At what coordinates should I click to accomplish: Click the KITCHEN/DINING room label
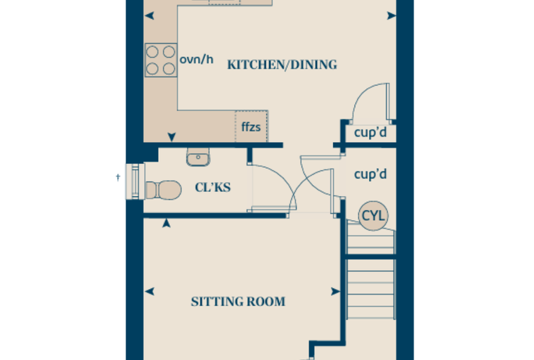[x=282, y=65]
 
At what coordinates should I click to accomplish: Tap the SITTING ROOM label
[x=238, y=302]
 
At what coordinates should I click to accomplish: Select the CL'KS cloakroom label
[x=213, y=187]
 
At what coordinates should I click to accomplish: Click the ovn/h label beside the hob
[x=197, y=59]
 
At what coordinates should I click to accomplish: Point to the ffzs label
[x=251, y=127]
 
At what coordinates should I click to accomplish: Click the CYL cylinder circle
[x=373, y=216]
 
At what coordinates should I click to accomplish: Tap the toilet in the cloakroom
[x=164, y=190]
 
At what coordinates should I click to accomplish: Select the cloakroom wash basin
[x=198, y=157]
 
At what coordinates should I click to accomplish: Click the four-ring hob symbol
[x=161, y=60]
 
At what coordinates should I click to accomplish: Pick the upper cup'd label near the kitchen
[x=370, y=132]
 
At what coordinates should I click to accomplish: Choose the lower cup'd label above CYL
[x=370, y=174]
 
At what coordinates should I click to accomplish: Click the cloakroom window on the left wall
[x=135, y=181]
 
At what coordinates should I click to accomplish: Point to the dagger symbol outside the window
[x=118, y=177]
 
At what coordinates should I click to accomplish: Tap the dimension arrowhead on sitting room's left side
[x=150, y=292]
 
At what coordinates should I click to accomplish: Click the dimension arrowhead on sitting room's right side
[x=335, y=292]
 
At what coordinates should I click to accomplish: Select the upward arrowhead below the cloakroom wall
[x=167, y=224]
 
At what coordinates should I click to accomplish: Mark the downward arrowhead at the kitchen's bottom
[x=171, y=137]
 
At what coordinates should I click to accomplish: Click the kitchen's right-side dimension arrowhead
[x=391, y=15]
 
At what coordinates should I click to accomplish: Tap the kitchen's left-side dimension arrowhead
[x=150, y=15]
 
